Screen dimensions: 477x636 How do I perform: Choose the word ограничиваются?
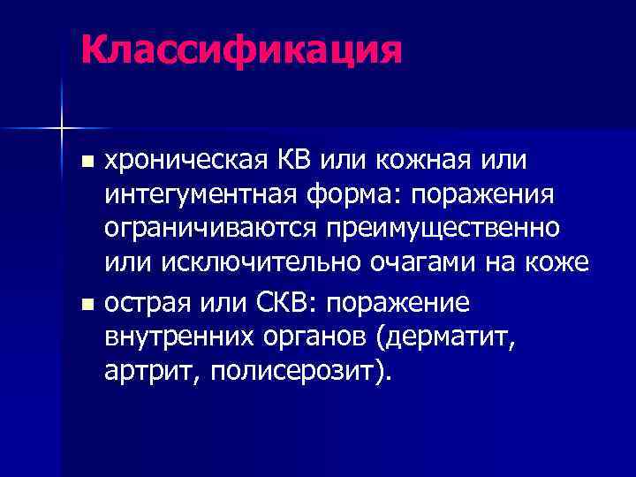212,227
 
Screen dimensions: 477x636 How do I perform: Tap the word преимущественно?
445,227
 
